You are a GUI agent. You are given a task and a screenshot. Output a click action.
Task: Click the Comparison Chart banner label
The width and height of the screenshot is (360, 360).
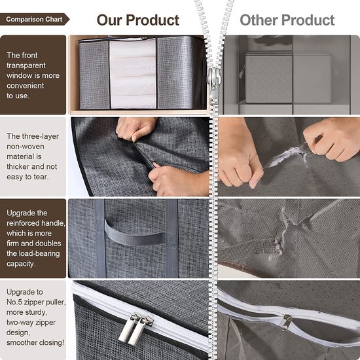pyautogui.click(x=34, y=19)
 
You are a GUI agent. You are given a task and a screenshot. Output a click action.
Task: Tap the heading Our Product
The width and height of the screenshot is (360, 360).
pyautogui.click(x=137, y=20)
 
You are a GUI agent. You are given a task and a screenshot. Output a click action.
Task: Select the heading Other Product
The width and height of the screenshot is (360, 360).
pyautogui.click(x=287, y=20)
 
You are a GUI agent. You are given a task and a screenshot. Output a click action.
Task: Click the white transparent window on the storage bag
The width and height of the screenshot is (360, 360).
pyautogui.click(x=133, y=74)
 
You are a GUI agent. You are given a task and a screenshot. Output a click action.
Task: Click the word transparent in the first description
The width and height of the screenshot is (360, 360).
pyautogui.click(x=26, y=65)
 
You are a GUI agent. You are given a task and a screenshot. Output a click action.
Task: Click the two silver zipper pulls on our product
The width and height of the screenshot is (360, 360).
pyautogui.click(x=135, y=329)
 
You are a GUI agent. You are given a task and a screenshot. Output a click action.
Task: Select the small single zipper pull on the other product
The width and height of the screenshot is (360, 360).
pyautogui.click(x=286, y=322)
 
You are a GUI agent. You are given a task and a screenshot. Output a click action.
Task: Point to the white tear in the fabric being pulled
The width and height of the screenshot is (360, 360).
pyautogui.click(x=287, y=156)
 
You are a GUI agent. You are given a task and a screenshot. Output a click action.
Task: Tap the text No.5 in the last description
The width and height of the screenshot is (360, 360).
pyautogui.click(x=14, y=302)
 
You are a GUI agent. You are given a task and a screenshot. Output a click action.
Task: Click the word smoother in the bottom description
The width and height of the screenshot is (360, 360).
pyautogui.click(x=20, y=342)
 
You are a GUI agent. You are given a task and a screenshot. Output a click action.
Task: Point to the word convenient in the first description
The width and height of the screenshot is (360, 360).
pyautogui.click(x=26, y=86)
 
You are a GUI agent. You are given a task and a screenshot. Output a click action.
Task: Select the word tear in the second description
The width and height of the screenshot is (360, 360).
pyautogui.click(x=41, y=177)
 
